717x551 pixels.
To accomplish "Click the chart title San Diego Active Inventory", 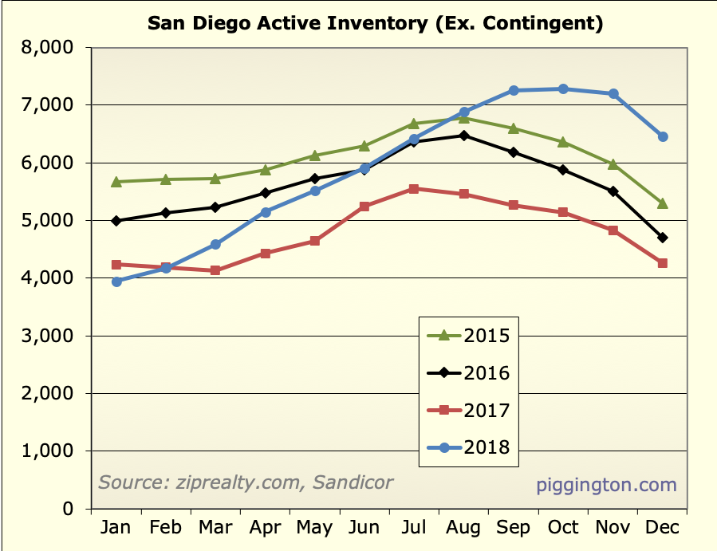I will (375, 23).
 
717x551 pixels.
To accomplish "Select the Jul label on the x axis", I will (414, 528).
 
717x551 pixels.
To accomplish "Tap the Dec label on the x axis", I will (663, 528).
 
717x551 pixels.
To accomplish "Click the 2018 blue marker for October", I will (563, 89).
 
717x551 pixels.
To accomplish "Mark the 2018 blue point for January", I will (116, 281).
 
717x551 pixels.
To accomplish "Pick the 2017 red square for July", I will (414, 189).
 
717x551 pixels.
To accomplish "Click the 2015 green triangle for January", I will (116, 181).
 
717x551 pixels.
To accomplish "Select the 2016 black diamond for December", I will (663, 238).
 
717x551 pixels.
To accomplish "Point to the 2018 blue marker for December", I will (663, 136).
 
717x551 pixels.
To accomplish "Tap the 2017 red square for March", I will (215, 270).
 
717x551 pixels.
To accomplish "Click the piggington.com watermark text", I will (606, 485).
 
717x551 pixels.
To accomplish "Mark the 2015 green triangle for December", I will (663, 203).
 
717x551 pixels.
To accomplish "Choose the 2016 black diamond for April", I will (266, 193).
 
